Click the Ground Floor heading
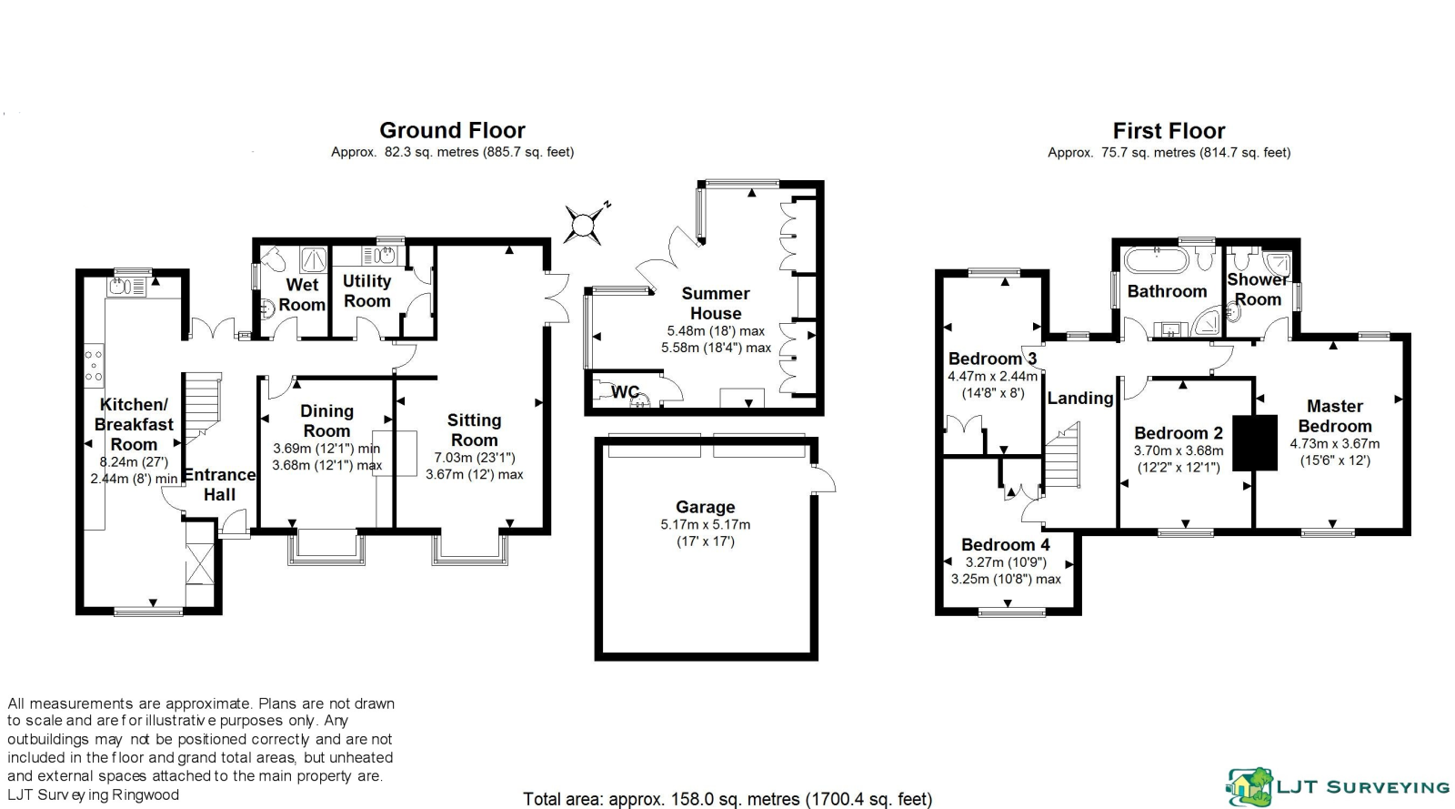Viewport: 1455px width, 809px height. click(x=452, y=131)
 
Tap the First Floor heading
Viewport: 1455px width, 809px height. click(x=1169, y=131)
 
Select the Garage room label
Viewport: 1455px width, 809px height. click(x=705, y=508)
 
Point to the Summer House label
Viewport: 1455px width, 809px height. click(x=716, y=303)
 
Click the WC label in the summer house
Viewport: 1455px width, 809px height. click(x=625, y=392)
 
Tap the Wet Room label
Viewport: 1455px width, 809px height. click(x=302, y=295)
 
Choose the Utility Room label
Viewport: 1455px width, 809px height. click(x=366, y=291)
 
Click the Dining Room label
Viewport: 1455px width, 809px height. click(x=326, y=421)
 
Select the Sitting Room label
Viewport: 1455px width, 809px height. click(x=474, y=430)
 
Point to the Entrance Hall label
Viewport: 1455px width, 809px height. click(x=219, y=485)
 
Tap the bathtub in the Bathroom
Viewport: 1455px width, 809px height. click(x=1156, y=261)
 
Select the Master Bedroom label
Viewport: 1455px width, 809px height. click(x=1334, y=416)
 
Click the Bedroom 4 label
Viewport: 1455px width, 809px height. click(x=1005, y=545)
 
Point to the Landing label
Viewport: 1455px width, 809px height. click(x=1079, y=399)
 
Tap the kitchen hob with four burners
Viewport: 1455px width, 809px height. click(x=94, y=365)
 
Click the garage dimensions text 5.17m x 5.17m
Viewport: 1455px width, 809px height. click(x=705, y=525)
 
